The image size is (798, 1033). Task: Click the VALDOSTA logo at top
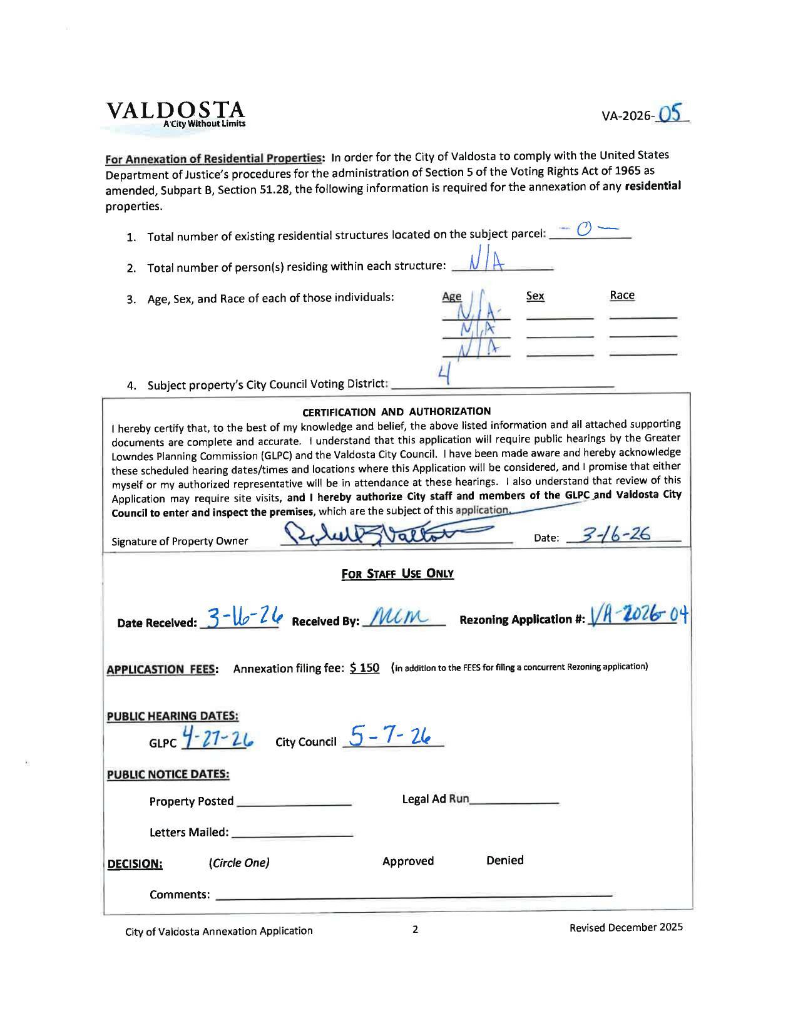(x=176, y=113)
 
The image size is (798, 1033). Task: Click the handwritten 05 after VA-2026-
(x=670, y=113)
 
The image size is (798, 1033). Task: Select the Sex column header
(x=535, y=296)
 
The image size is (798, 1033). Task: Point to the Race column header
(x=622, y=295)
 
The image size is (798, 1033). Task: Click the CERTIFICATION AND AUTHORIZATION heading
(x=396, y=411)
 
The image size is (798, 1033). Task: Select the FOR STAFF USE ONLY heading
(x=397, y=573)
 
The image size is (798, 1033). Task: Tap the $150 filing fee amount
(x=365, y=667)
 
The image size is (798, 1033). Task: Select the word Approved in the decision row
(x=408, y=861)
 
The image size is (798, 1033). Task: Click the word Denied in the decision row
(x=504, y=860)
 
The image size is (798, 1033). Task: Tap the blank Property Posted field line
(x=294, y=801)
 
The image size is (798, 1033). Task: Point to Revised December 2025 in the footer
(x=625, y=927)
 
